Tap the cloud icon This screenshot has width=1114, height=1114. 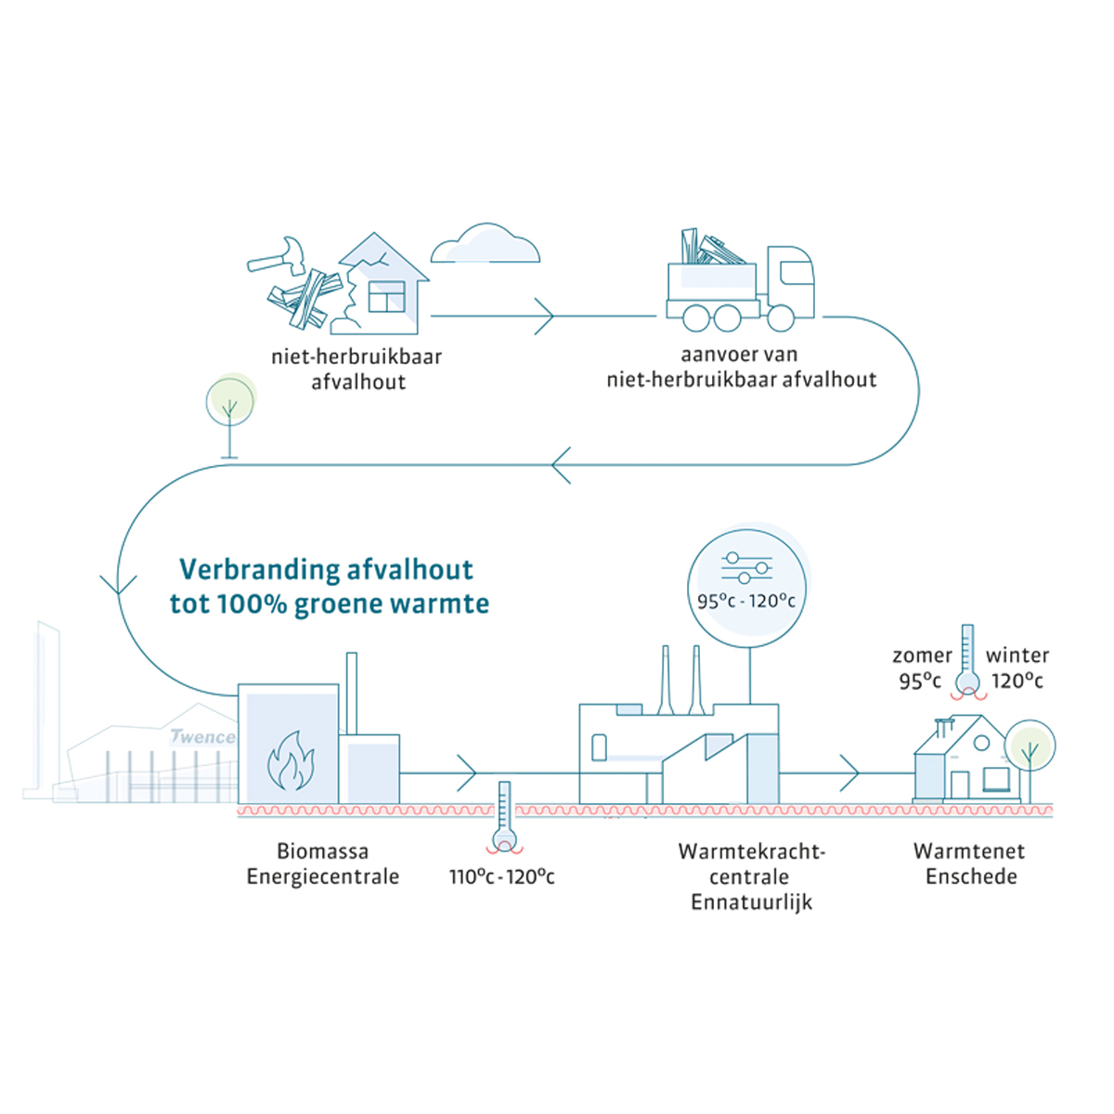[486, 244]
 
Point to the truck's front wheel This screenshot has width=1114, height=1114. [781, 317]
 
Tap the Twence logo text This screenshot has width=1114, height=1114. [201, 737]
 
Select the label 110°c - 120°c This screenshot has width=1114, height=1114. [501, 876]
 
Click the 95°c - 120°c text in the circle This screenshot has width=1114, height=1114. [746, 601]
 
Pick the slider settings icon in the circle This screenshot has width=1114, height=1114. [746, 567]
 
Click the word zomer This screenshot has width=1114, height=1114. [922, 655]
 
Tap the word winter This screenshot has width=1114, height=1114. [1017, 655]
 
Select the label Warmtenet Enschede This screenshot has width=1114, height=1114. [970, 863]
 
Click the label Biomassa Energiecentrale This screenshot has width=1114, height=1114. [322, 863]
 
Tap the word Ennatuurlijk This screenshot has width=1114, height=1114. [751, 901]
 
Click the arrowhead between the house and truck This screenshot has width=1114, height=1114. [544, 317]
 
